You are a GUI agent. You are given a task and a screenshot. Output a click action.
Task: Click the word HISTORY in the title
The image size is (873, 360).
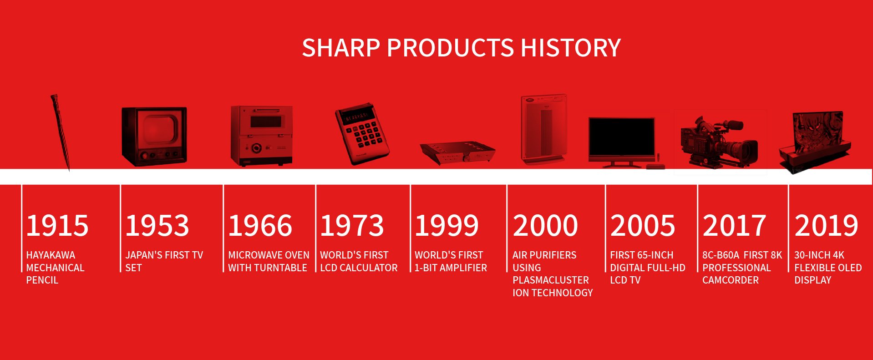pyautogui.click(x=571, y=48)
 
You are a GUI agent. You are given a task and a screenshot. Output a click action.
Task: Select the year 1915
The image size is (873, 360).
pyautogui.click(x=57, y=225)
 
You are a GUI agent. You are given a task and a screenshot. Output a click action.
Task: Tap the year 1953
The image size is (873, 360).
pyautogui.click(x=157, y=225)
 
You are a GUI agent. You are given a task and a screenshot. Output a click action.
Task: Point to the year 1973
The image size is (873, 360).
pyautogui.click(x=352, y=225)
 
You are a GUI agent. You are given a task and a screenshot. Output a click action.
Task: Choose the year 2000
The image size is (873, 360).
pyautogui.click(x=545, y=225)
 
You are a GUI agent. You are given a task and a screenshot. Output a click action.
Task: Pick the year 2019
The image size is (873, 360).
pyautogui.click(x=827, y=225)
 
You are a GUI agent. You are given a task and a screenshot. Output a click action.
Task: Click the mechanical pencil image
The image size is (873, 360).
pyautogui.click(x=61, y=132)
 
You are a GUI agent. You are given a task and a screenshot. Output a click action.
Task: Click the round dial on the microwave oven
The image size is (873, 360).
pyautogui.click(x=257, y=147)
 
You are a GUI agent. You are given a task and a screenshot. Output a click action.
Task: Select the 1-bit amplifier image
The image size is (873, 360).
pyautogui.click(x=457, y=152)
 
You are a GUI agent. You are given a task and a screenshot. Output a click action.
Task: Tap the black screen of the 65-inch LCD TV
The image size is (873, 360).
pyautogui.click(x=621, y=137)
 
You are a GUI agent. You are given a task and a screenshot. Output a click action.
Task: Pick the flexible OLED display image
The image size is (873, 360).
pyautogui.click(x=815, y=141)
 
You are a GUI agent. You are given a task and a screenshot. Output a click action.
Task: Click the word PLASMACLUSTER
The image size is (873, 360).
pyautogui.click(x=551, y=280)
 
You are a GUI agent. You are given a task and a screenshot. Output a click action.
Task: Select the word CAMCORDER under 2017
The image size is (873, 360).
pyautogui.click(x=731, y=280)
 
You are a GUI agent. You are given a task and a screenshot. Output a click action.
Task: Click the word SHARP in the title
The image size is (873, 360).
pyautogui.click(x=341, y=48)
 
